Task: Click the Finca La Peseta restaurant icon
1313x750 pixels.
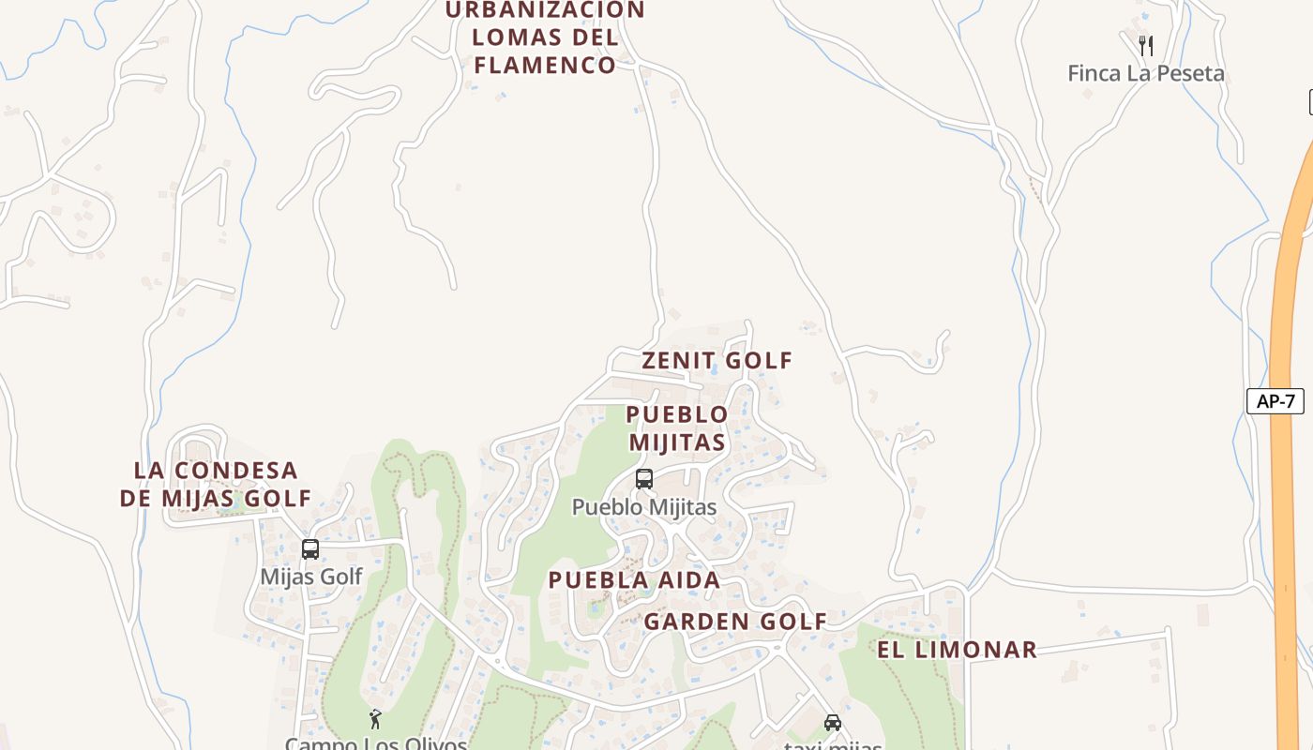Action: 1145,45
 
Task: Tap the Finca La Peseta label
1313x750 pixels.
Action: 1145,73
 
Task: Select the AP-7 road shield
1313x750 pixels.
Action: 1275,401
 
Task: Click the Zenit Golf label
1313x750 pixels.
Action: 717,361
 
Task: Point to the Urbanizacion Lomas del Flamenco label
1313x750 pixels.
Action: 545,37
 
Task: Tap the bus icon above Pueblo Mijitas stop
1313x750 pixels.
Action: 644,479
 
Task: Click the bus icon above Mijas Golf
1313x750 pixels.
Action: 310,549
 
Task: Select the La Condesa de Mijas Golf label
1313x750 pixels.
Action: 216,484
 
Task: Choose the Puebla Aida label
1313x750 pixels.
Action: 634,580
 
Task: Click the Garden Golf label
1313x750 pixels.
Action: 735,622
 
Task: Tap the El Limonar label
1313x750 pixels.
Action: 957,650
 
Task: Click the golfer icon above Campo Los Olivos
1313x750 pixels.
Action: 375,719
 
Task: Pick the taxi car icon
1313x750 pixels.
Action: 832,722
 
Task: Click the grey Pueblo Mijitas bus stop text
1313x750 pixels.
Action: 644,507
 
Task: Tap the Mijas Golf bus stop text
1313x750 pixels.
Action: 311,577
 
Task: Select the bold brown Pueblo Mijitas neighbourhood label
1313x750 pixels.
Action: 677,427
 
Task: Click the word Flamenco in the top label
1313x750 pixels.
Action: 545,66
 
